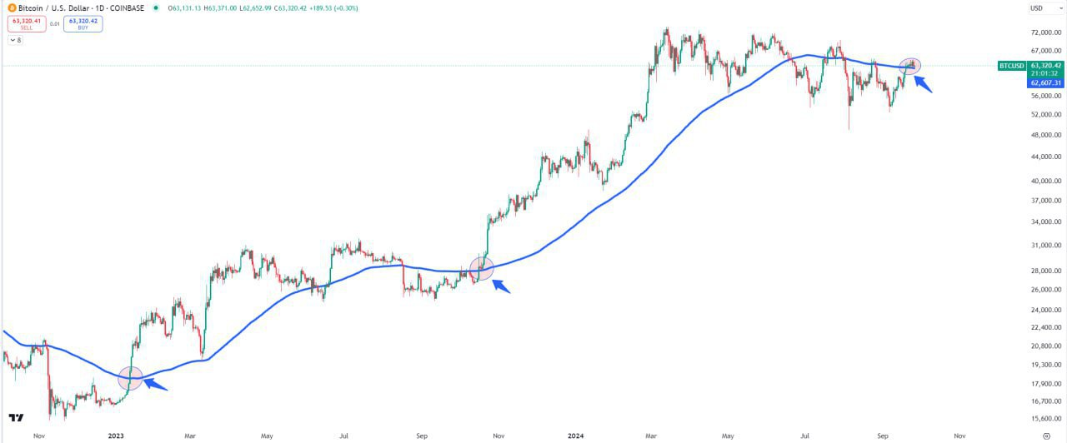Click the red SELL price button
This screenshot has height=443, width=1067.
(x=27, y=23)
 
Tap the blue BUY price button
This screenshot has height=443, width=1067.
(x=83, y=23)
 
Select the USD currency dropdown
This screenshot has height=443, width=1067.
(x=1037, y=8)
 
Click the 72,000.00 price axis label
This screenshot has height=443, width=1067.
(x=1045, y=32)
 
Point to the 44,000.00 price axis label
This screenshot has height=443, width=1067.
(x=1045, y=157)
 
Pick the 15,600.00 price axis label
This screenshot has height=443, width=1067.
(x=1045, y=419)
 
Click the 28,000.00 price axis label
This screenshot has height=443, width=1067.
(x=1045, y=271)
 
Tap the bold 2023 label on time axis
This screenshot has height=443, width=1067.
(x=116, y=436)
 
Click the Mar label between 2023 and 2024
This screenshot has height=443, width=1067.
(x=190, y=436)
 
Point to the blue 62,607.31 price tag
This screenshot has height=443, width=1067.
(x=1045, y=83)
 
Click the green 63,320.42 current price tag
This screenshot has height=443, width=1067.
(x=1045, y=65)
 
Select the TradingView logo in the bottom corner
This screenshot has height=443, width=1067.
(x=15, y=418)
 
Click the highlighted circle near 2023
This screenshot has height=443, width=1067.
(x=131, y=378)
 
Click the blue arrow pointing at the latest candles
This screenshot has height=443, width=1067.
(x=924, y=83)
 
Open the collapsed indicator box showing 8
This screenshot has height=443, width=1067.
(x=15, y=39)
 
